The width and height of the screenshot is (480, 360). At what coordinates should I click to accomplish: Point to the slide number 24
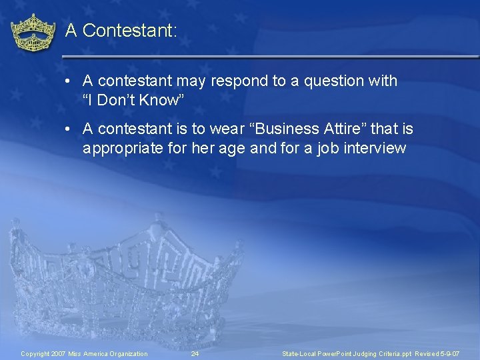click(195, 353)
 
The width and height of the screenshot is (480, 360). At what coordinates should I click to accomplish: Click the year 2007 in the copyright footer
click(58, 353)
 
